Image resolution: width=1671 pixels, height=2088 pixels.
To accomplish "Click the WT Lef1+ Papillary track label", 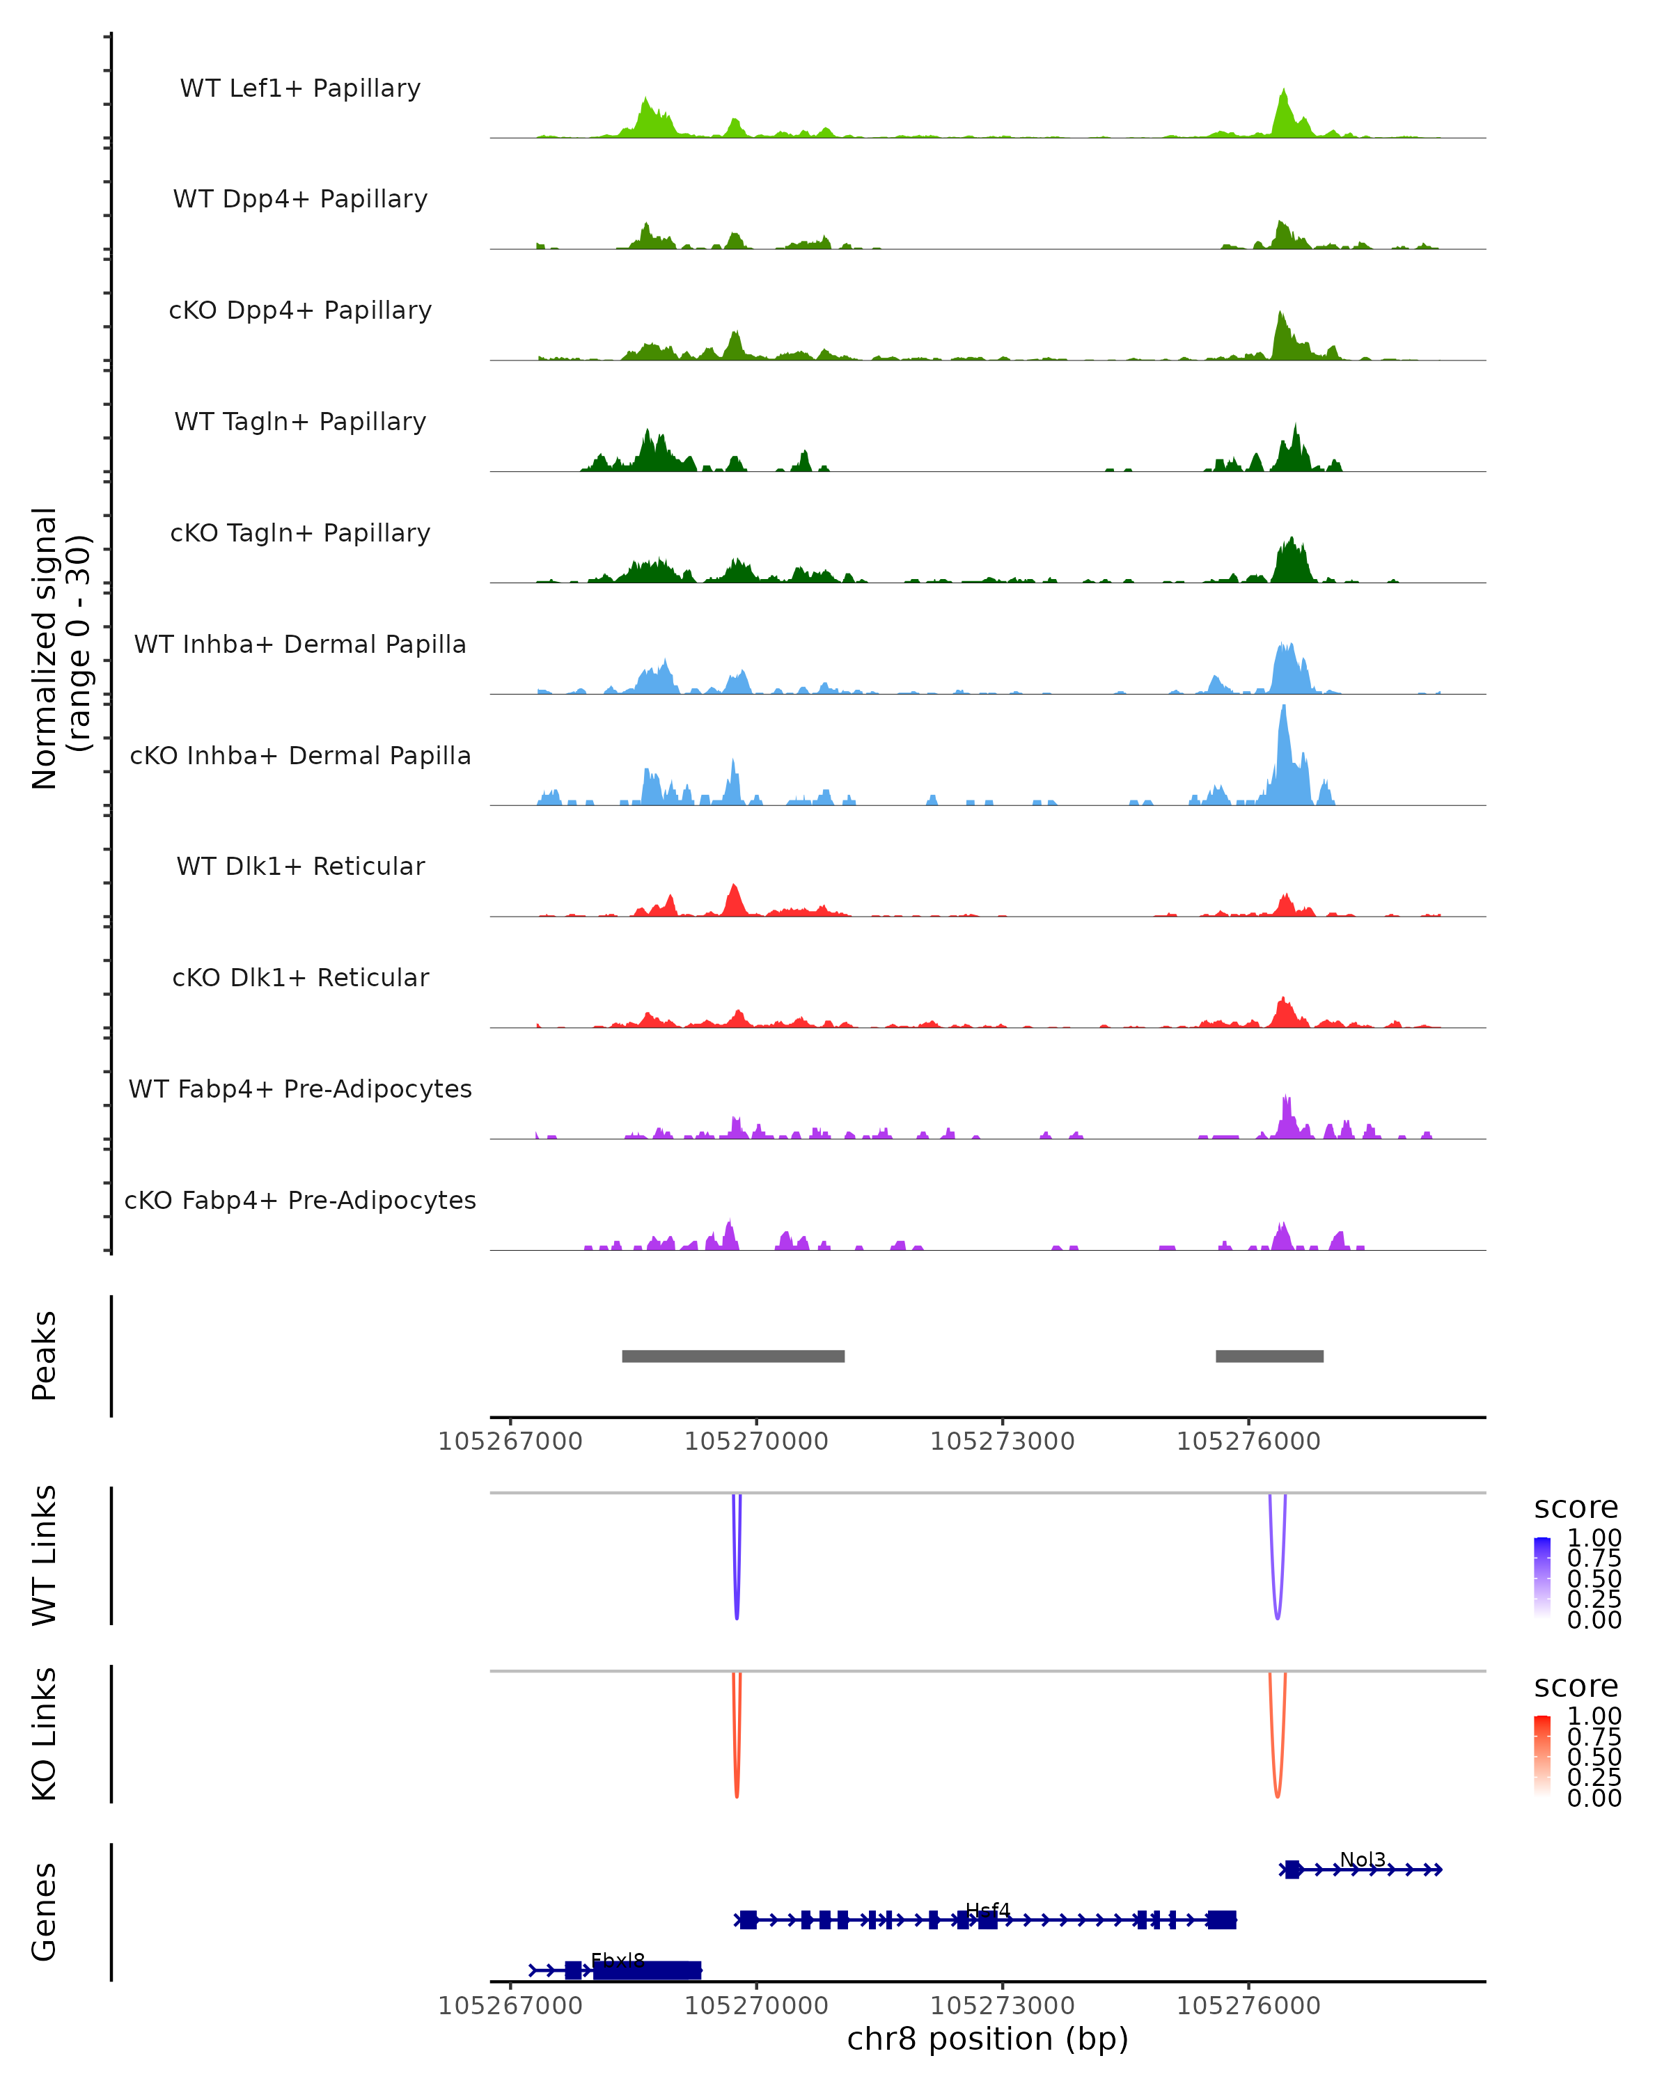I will (300, 89).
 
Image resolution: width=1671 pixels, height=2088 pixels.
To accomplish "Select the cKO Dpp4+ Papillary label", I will (300, 311).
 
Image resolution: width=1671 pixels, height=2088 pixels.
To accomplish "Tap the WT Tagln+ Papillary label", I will (300, 422).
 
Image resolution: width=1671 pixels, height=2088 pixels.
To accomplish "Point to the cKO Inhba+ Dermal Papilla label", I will (300, 757).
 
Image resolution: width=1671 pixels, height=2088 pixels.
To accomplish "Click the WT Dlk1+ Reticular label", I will (300, 867).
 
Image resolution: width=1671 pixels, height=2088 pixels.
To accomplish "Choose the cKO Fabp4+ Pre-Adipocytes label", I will (300, 1201).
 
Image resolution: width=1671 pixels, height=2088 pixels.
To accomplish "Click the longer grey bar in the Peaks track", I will (733, 1356).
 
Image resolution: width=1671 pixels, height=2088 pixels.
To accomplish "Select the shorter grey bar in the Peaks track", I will (1269, 1356).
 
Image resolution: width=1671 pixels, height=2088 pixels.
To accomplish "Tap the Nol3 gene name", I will (1362, 1860).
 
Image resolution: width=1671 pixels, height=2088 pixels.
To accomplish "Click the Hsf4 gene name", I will (987, 1910).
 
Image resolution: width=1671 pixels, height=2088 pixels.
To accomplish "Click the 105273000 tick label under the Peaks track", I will (1003, 1441).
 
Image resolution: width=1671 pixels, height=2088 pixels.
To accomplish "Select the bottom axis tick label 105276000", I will (1248, 2006).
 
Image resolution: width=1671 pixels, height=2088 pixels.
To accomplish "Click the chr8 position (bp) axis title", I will (987, 2039).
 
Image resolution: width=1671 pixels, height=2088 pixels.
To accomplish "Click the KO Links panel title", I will (45, 1734).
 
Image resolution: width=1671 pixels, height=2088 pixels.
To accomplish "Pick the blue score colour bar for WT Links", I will (1542, 1576).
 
